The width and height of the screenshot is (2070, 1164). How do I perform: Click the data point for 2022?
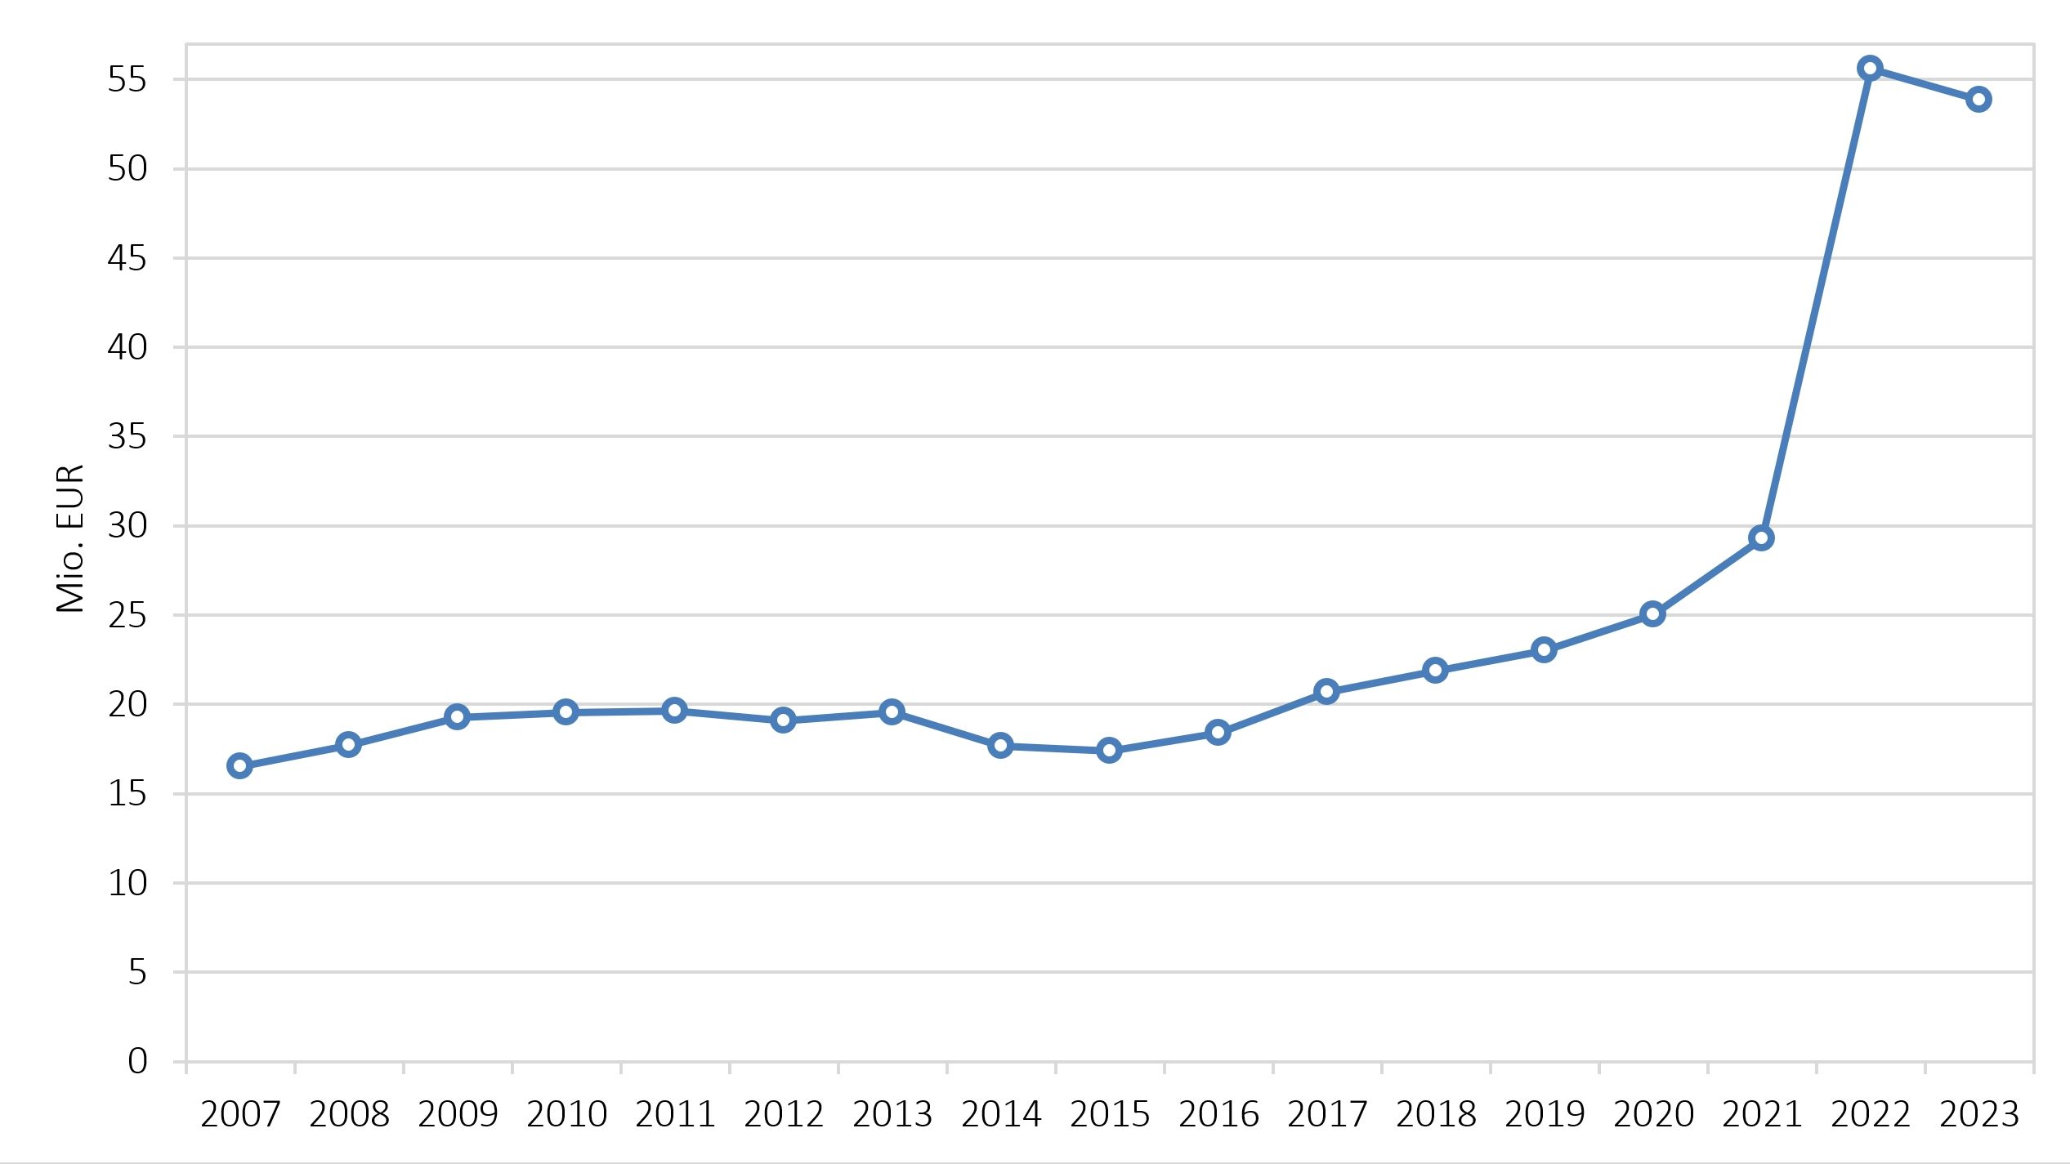pos(1870,68)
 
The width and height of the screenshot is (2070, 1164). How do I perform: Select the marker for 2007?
pos(239,765)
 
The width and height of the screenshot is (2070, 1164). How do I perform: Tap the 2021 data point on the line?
pos(1761,537)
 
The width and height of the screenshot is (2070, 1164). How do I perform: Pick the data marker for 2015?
pos(1109,750)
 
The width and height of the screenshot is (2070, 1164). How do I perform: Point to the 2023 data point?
pos(1978,100)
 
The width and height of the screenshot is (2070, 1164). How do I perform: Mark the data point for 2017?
pos(1326,692)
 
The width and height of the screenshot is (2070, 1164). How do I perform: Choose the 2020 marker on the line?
pos(1652,613)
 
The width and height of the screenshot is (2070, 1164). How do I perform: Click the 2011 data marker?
pos(674,710)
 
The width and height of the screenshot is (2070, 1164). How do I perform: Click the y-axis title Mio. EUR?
pos(70,538)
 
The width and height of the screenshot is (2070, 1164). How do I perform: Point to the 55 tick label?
pos(127,80)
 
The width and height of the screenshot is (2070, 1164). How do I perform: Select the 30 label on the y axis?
pos(127,526)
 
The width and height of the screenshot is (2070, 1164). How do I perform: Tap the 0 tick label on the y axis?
pos(137,1061)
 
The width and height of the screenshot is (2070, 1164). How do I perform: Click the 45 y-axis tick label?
pos(127,258)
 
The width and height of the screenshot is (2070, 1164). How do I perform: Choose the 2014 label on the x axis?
pos(1001,1114)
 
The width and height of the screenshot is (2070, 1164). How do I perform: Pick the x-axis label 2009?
pos(458,1114)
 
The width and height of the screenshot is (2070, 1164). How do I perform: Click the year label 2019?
pos(1545,1114)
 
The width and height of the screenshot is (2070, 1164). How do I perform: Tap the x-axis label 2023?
pos(1979,1114)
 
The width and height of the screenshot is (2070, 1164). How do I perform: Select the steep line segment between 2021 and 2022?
pos(1816,302)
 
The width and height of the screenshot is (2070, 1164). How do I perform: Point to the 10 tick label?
pos(127,883)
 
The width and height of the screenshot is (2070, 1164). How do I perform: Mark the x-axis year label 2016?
pos(1218,1114)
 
